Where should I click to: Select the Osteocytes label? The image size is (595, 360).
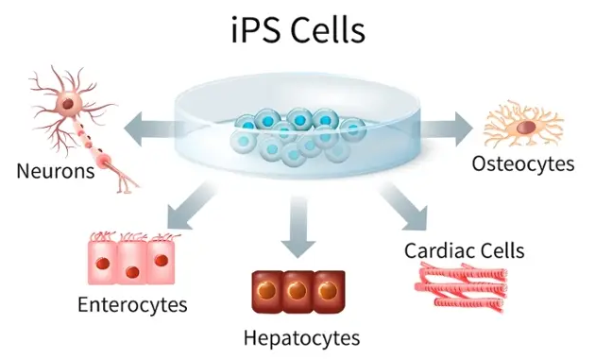point(523,163)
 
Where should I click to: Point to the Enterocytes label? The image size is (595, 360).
point(132,304)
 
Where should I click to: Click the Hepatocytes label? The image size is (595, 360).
point(301,336)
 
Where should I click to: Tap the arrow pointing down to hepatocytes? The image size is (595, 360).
point(298,227)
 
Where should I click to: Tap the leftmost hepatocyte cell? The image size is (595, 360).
point(266,292)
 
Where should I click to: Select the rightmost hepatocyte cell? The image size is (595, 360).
point(329,292)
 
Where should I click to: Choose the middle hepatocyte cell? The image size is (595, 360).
point(297,292)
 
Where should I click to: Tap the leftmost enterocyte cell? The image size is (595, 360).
point(102,259)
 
